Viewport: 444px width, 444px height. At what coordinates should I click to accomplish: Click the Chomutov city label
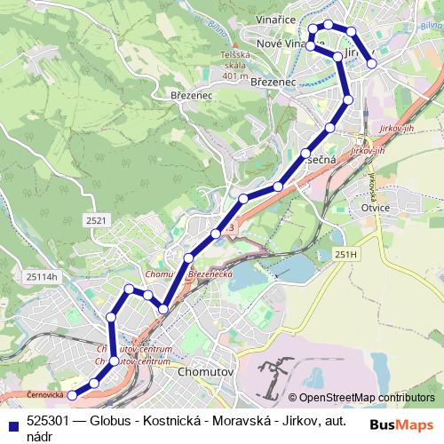tap(204, 373)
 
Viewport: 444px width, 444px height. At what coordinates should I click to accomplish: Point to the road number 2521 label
tap(98, 219)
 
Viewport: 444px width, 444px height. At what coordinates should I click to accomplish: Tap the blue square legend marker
tap(12, 424)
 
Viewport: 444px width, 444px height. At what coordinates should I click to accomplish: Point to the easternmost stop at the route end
tap(372, 64)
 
